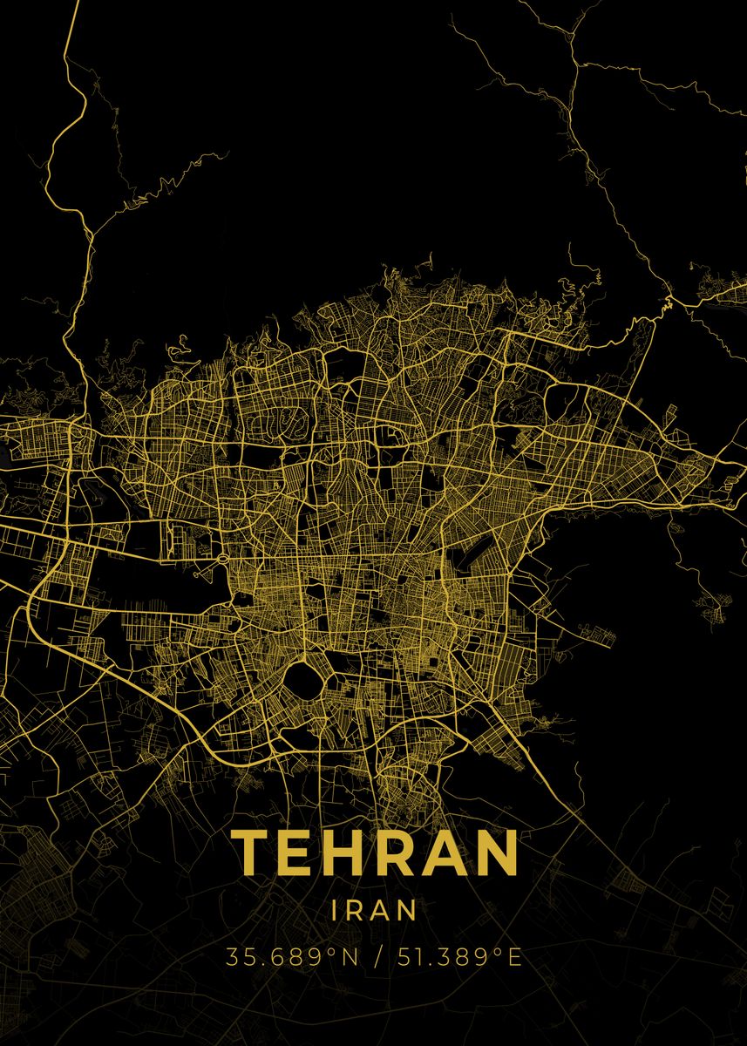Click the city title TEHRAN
(375, 852)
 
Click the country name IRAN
(374, 910)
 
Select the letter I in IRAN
(336, 910)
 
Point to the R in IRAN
(357, 910)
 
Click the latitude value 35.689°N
(292, 957)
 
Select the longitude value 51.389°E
(459, 957)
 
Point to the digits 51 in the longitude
(407, 957)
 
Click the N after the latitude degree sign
(350, 957)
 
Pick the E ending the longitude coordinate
(514, 957)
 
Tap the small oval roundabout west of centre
(224, 558)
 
